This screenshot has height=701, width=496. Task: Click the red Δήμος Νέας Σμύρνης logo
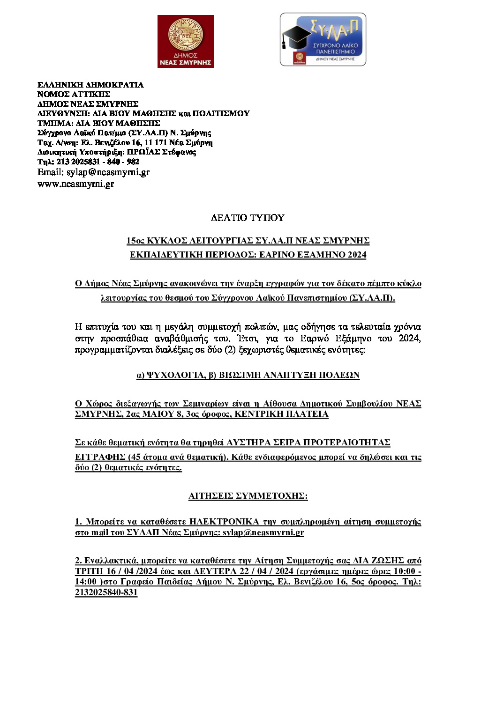click(185, 41)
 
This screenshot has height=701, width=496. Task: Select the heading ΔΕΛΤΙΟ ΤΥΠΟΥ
click(248, 218)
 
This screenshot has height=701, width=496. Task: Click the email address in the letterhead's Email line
click(108, 172)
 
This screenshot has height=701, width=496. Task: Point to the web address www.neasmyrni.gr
click(75, 184)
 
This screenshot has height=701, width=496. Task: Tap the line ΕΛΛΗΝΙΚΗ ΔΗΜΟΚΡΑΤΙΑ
click(90, 85)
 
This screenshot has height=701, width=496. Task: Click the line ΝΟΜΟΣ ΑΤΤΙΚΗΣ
click(74, 94)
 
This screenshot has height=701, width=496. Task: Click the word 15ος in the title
click(135, 241)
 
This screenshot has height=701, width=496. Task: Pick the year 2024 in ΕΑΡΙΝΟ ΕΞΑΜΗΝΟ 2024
click(357, 255)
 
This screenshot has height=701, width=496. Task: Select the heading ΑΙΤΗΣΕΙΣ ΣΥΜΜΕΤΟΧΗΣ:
click(248, 496)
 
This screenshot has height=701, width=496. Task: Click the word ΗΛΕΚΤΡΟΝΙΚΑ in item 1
click(224, 522)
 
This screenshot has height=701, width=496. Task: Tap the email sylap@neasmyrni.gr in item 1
click(263, 532)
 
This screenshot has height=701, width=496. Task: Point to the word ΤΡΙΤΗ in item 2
click(89, 571)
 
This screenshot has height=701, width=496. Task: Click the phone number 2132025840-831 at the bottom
click(106, 592)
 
